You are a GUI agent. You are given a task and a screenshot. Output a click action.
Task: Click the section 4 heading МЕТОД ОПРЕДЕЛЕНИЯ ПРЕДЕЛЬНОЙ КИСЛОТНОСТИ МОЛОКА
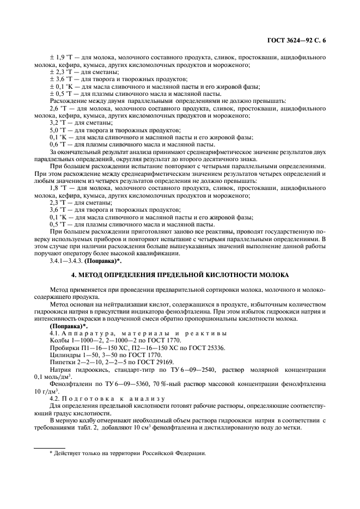(x=180, y=274)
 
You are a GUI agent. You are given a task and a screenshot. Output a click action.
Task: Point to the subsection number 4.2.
(x=55, y=397)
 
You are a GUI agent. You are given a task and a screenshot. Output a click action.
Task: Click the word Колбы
(x=59, y=340)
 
